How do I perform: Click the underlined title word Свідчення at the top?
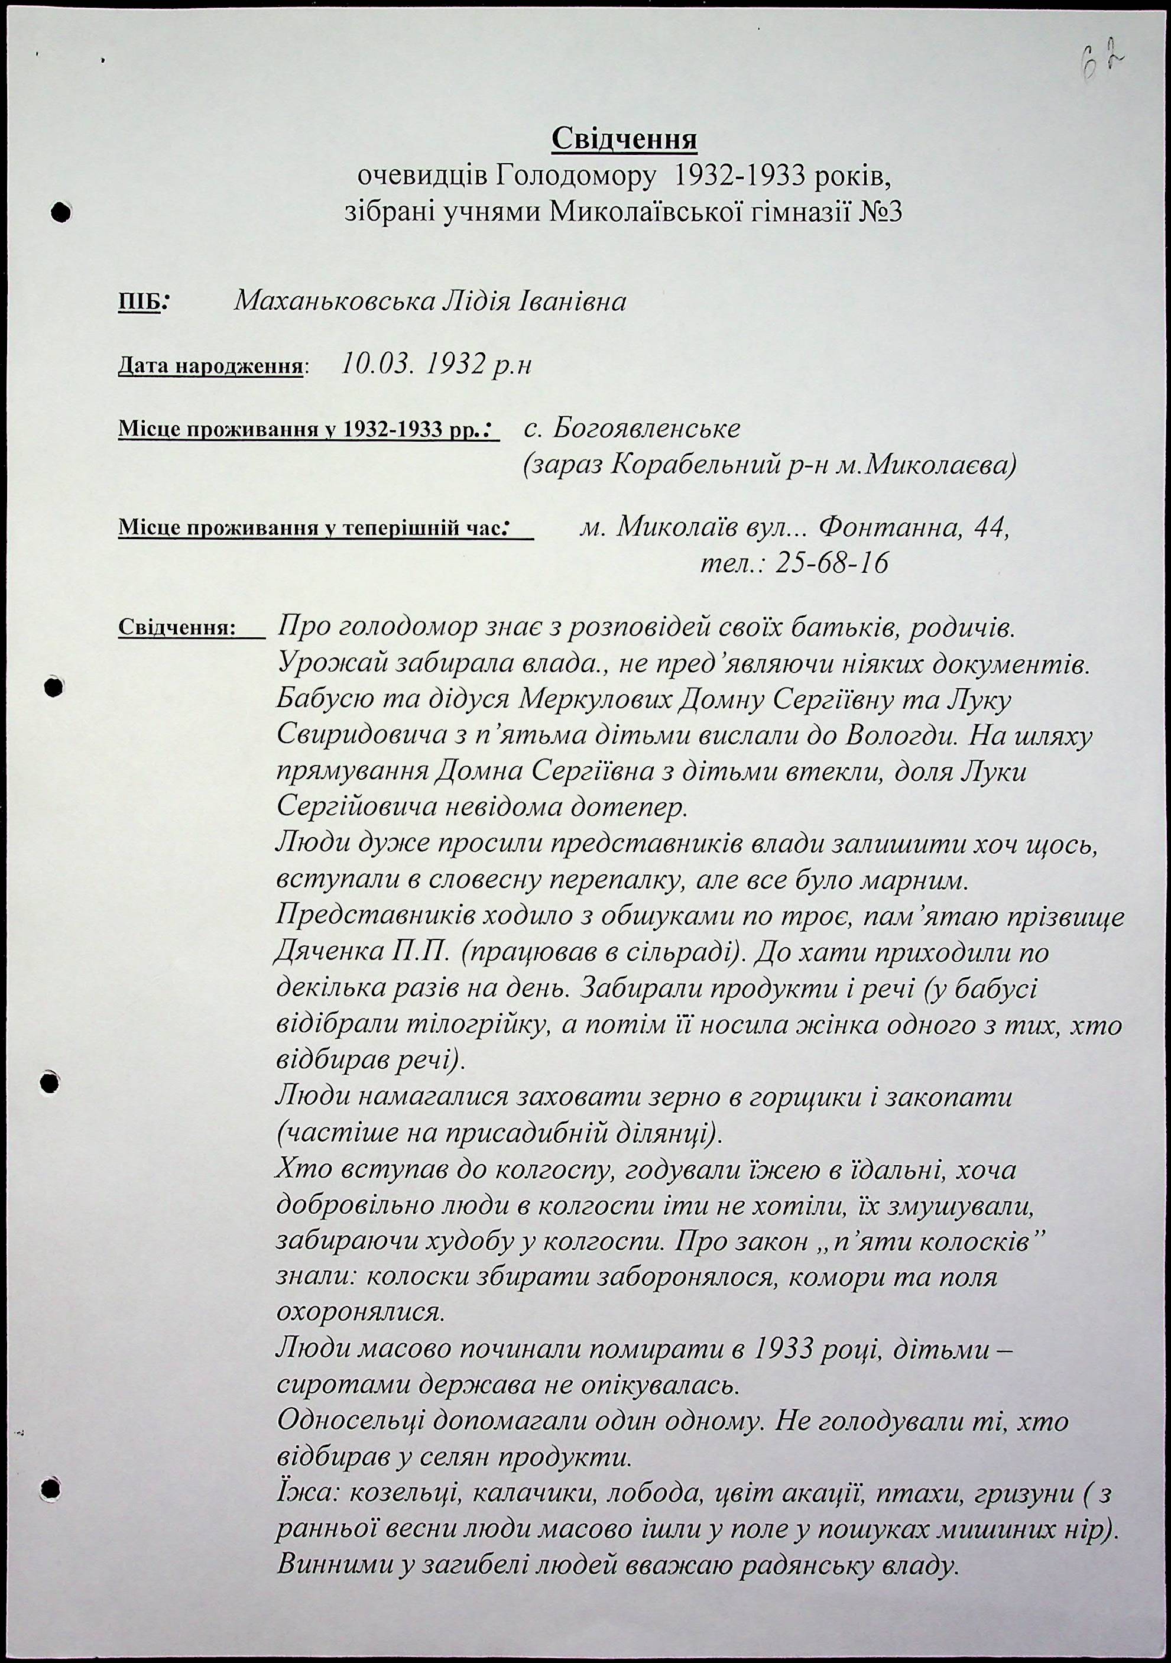(x=624, y=138)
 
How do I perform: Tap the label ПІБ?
(x=139, y=303)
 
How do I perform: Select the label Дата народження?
(x=210, y=367)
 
